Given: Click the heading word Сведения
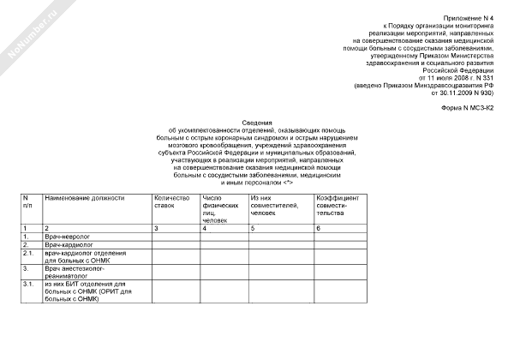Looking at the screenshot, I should point(256,123).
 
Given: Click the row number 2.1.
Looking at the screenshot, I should point(28,254).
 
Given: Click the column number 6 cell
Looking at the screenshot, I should point(319,226).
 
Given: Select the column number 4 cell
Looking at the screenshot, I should point(204,226).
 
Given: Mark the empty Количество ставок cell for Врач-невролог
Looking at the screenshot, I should point(175,235).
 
